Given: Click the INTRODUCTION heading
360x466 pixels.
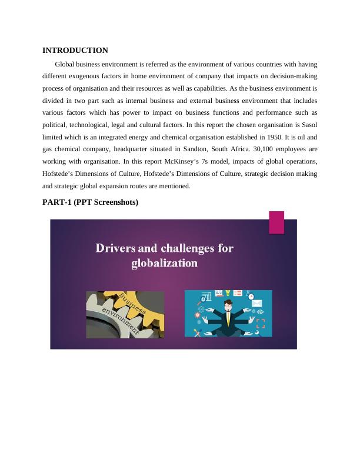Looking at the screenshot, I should [75, 51].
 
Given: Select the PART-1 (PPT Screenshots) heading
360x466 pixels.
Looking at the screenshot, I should [90, 202].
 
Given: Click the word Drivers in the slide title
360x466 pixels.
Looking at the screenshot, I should [115, 248].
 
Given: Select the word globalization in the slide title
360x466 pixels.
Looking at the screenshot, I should [164, 263].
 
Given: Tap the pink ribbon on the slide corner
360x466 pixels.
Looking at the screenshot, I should [276, 223].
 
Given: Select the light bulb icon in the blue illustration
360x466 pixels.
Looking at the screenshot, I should [228, 292].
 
